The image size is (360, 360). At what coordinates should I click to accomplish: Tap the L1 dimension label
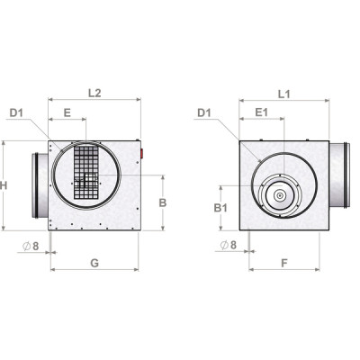tap(283, 92)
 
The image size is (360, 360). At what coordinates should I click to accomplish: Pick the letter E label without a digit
tap(67, 112)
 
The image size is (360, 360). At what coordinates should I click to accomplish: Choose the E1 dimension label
tap(261, 112)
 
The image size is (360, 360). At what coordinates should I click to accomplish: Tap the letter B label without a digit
tap(162, 203)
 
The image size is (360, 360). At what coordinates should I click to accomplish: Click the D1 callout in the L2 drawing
tap(16, 112)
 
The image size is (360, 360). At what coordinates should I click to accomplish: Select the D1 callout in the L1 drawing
tap(202, 112)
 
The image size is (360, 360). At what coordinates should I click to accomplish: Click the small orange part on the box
tap(141, 150)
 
